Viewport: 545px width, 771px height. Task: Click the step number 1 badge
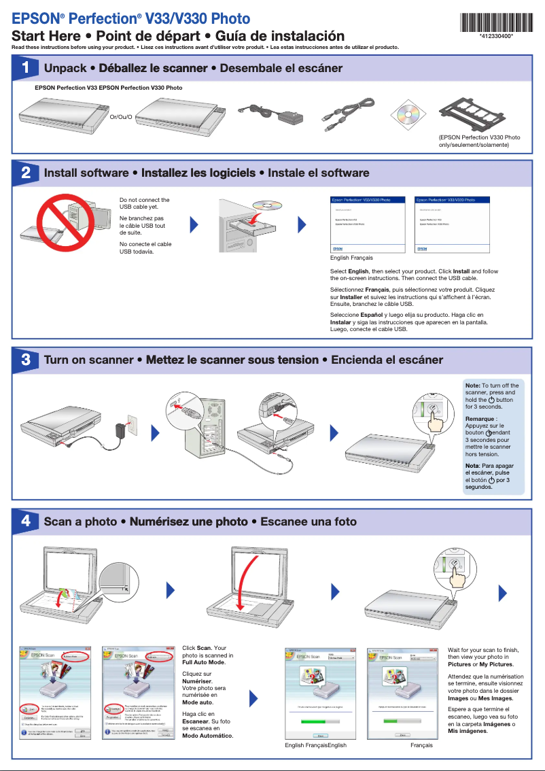coord(25,68)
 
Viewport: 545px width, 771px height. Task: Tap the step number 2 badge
coord(25,173)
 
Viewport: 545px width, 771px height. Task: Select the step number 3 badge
coord(25,359)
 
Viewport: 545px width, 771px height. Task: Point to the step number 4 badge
coord(25,521)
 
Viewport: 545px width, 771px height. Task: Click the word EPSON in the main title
coord(33,19)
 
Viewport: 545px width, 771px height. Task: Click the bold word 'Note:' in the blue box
coord(472,385)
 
